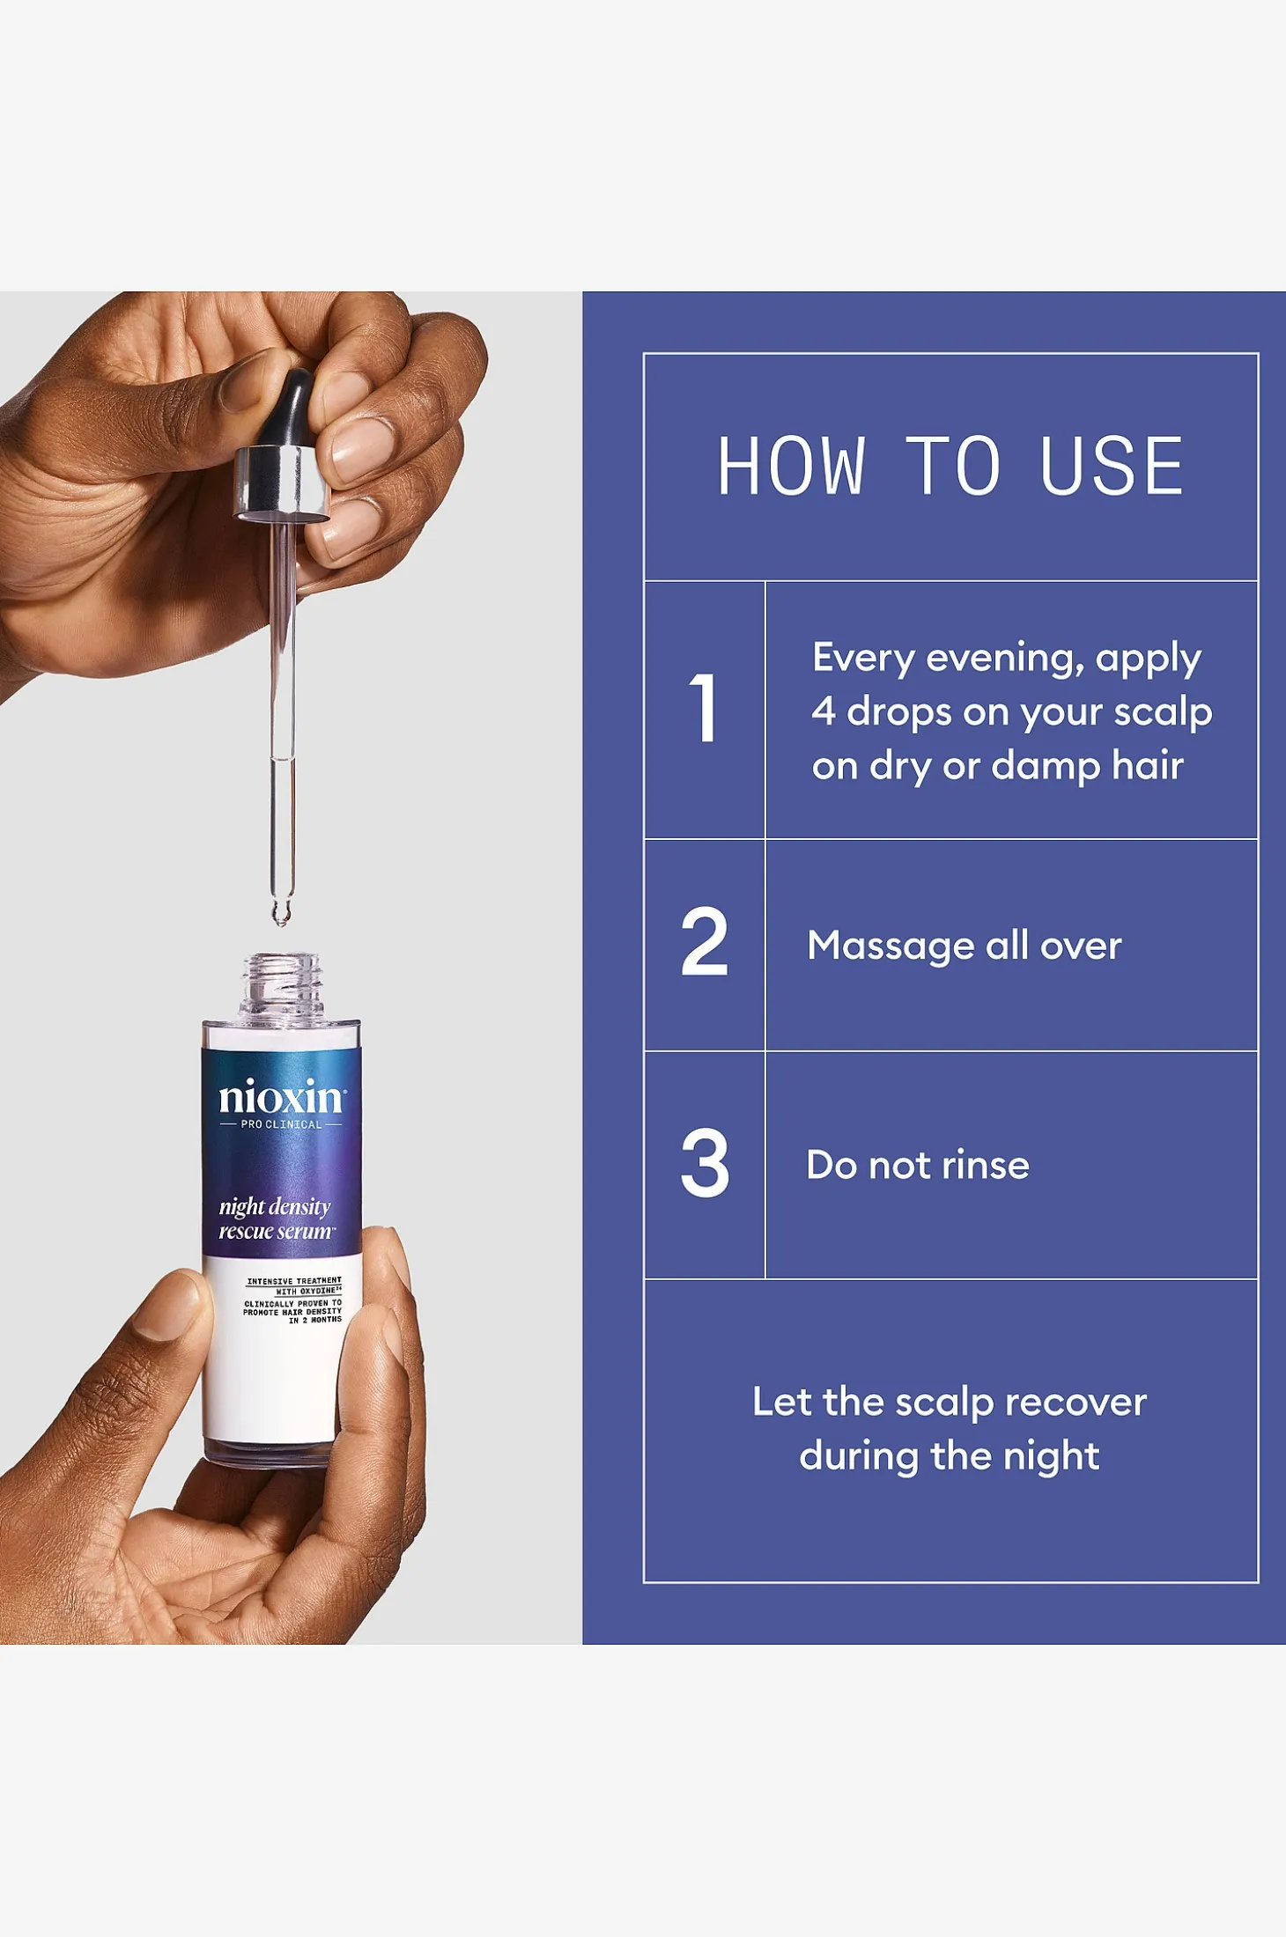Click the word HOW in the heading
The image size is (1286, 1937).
pos(791,466)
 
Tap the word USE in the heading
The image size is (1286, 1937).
pos(1112,466)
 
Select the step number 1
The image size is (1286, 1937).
pos(704,708)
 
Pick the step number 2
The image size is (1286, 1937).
pos(705,941)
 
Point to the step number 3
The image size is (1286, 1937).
pos(705,1163)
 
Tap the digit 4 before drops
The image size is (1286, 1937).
pos(824,711)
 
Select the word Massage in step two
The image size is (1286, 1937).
pos(891,946)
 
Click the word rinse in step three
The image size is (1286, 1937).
pos(986,1165)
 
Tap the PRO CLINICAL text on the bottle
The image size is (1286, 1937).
pos(282,1124)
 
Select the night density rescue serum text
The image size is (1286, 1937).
pos(277,1219)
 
